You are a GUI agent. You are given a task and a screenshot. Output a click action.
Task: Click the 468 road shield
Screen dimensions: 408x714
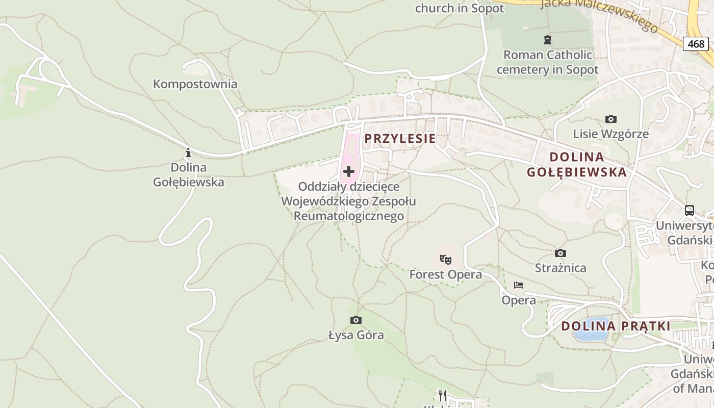point(696,44)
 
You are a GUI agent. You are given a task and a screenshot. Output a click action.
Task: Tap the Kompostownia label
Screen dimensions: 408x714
point(195,84)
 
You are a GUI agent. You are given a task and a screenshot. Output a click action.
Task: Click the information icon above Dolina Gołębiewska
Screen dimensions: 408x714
point(188,152)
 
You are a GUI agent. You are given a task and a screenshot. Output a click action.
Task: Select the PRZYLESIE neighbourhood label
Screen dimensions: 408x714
point(400,138)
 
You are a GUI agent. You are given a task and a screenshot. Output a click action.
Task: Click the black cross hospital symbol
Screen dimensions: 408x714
point(349,171)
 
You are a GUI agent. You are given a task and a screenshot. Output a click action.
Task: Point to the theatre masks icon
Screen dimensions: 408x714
point(446,260)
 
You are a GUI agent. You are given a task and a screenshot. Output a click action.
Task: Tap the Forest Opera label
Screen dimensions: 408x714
point(445,274)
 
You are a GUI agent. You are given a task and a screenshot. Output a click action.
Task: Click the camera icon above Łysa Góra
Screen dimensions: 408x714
point(356,320)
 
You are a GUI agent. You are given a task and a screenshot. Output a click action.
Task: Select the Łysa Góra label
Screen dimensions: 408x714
point(356,335)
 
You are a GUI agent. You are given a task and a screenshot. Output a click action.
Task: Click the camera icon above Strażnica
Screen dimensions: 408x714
point(560,253)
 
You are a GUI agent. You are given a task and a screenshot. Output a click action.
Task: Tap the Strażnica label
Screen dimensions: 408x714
point(560,268)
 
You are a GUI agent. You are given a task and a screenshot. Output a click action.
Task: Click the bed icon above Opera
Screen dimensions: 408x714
point(519,285)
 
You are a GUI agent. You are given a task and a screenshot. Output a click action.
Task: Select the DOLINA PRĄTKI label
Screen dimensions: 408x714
point(616,326)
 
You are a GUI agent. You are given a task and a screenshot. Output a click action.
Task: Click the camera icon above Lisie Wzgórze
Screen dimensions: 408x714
point(610,119)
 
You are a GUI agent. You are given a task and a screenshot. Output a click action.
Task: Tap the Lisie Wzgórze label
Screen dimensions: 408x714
point(610,134)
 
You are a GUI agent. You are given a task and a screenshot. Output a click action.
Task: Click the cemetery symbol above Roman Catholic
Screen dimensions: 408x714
point(548,39)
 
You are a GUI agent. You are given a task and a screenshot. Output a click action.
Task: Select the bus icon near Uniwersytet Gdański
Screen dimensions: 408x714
point(690,210)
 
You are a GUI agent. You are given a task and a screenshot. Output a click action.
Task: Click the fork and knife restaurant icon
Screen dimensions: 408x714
point(443,395)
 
